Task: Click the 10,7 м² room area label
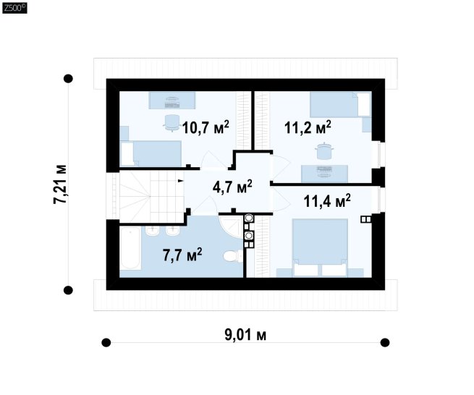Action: click(206, 127)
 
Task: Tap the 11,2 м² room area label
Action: click(308, 127)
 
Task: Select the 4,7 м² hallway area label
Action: click(232, 187)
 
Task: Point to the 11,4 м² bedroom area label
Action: click(327, 201)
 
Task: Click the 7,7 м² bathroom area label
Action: click(182, 255)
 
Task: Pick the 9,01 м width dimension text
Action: click(245, 335)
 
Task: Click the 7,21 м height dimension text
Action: click(59, 184)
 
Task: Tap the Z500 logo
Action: click(14, 8)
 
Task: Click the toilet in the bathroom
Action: click(232, 256)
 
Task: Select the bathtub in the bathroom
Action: click(130, 249)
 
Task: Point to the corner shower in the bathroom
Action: click(231, 226)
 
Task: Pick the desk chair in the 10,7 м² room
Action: click(172, 123)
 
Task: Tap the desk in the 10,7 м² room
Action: click(172, 101)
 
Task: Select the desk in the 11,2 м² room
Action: click(324, 174)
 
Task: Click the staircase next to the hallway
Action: click(152, 197)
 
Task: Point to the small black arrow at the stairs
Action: click(180, 181)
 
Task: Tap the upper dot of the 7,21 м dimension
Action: click(68, 79)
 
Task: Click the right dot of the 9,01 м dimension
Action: click(385, 342)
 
